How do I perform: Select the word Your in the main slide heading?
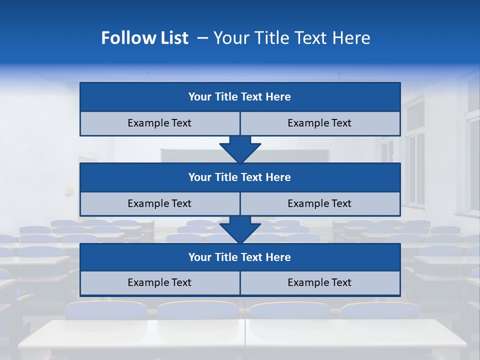click(230, 38)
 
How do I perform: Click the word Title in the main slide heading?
click(269, 38)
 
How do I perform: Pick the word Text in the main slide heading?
click(310, 38)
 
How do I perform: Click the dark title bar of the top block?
click(240, 97)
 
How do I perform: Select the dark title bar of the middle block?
click(240, 177)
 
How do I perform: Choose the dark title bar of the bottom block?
click(240, 257)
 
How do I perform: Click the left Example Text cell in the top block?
click(159, 123)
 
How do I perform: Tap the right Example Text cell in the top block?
click(320, 123)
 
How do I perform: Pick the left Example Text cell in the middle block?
click(159, 203)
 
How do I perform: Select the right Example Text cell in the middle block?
click(320, 203)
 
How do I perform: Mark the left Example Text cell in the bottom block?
click(159, 282)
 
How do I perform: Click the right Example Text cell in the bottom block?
click(320, 282)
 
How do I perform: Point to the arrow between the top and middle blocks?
click(240, 149)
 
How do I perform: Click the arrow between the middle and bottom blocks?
click(240, 229)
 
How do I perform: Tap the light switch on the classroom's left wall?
click(69, 190)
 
